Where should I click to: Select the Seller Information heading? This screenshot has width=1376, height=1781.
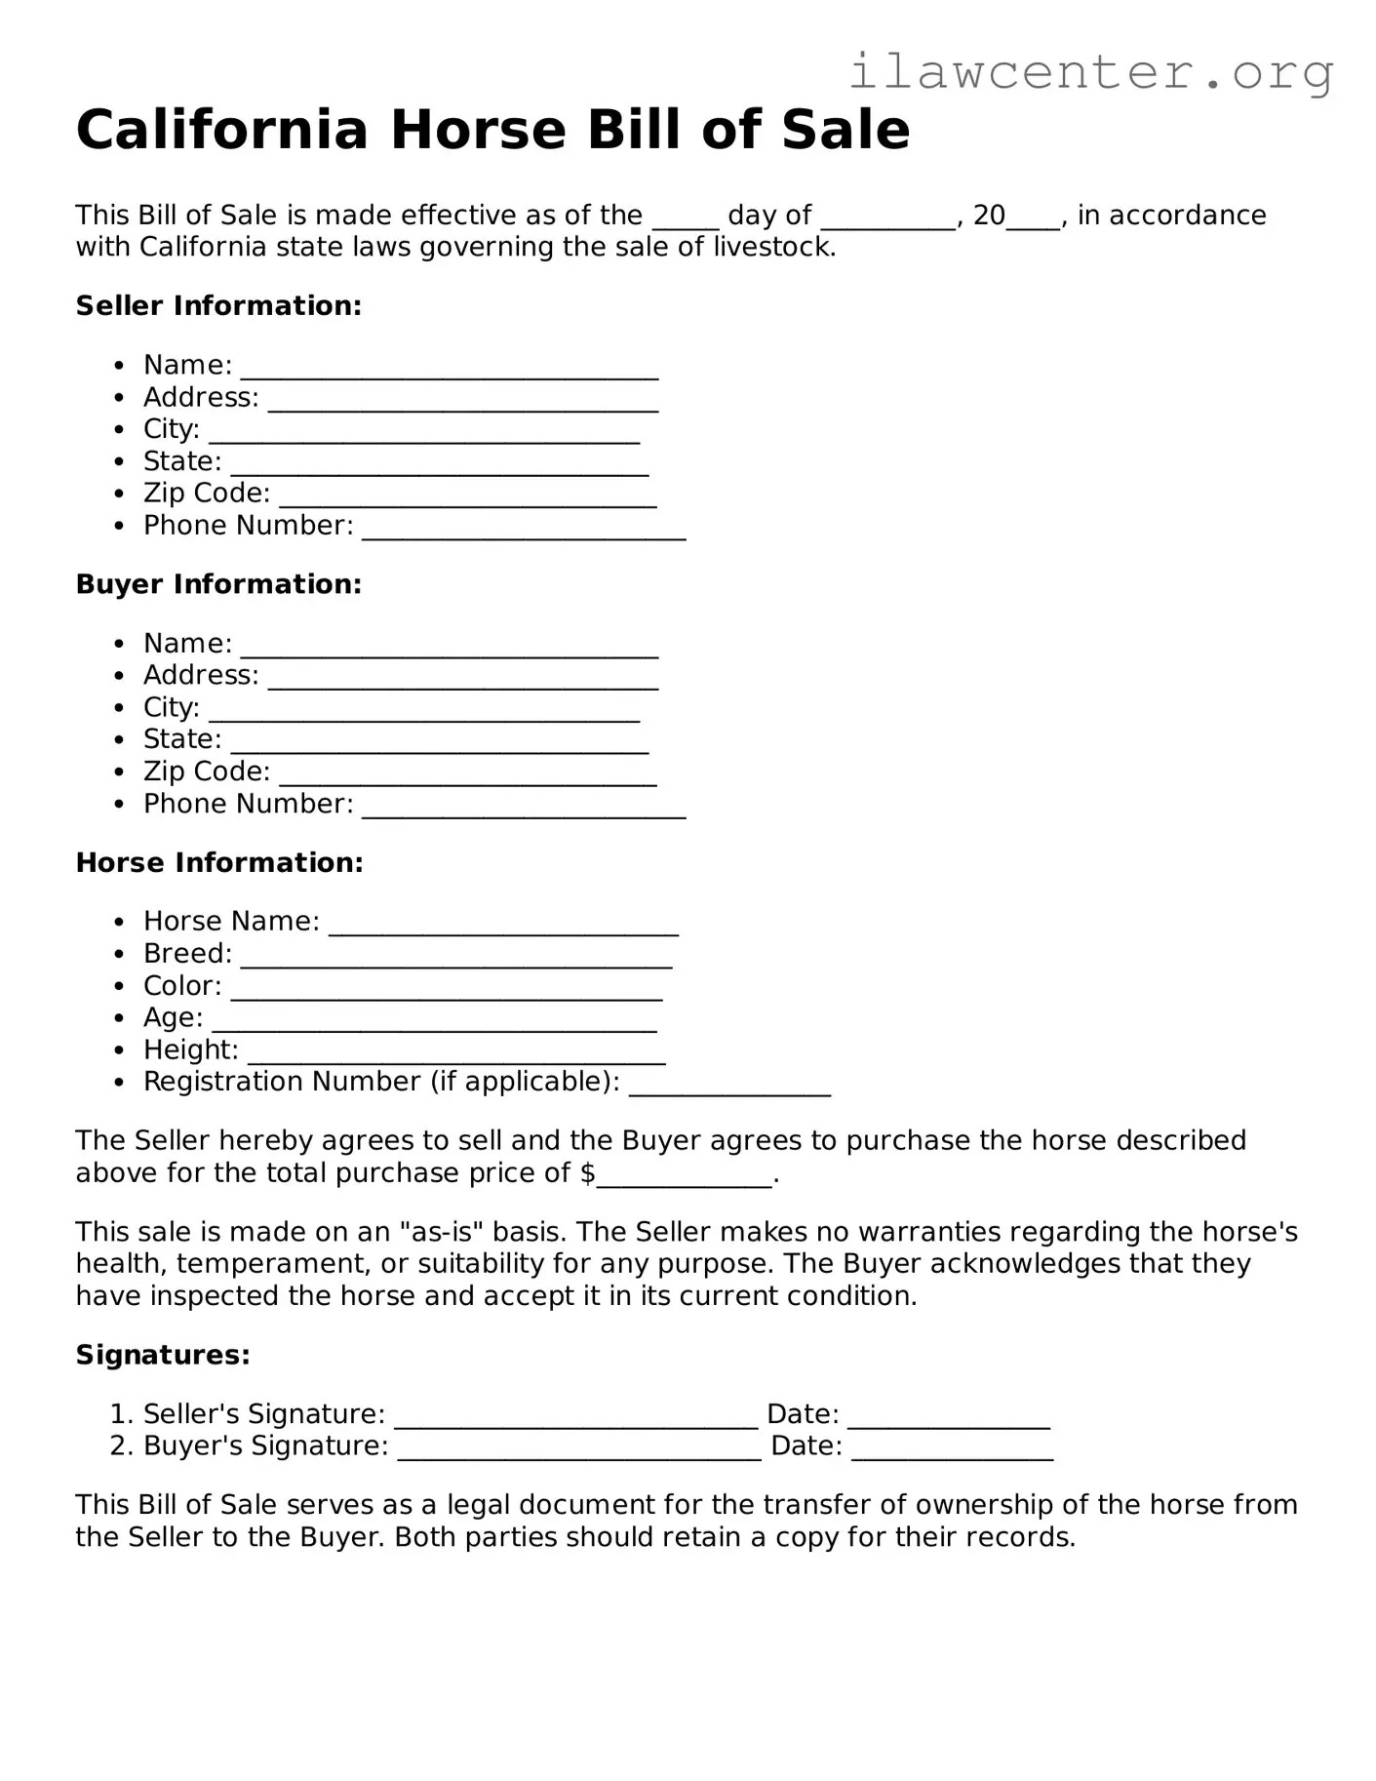pos(218,305)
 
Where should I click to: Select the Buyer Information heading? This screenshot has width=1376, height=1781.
pos(218,584)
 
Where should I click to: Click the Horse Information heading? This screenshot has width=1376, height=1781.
pos(219,862)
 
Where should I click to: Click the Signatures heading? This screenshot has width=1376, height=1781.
pos(163,1355)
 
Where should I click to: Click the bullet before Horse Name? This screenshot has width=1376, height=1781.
pos(119,923)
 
